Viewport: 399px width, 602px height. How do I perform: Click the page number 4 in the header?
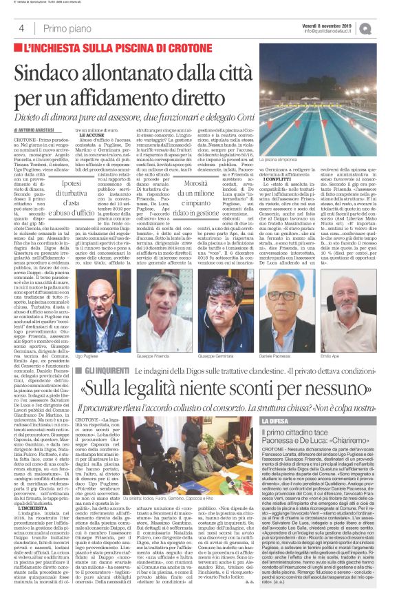point(21,28)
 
